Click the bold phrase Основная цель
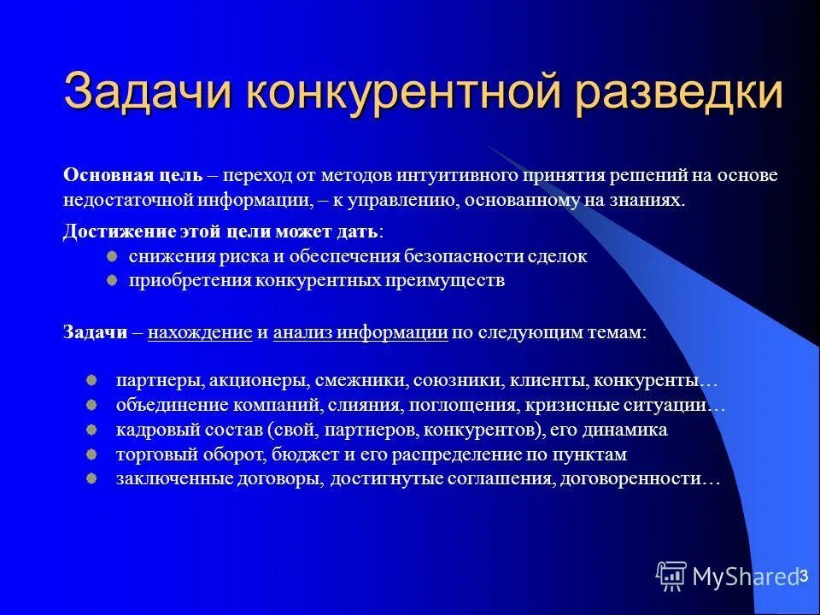(132, 176)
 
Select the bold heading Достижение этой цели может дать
(222, 232)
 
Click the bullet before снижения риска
(112, 255)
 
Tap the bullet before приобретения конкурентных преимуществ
(112, 279)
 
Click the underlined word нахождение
(199, 333)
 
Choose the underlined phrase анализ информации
(360, 333)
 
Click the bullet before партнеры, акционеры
(91, 378)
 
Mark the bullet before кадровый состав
(91, 428)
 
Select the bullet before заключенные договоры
(91, 477)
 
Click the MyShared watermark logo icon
(671, 577)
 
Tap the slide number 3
(803, 577)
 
